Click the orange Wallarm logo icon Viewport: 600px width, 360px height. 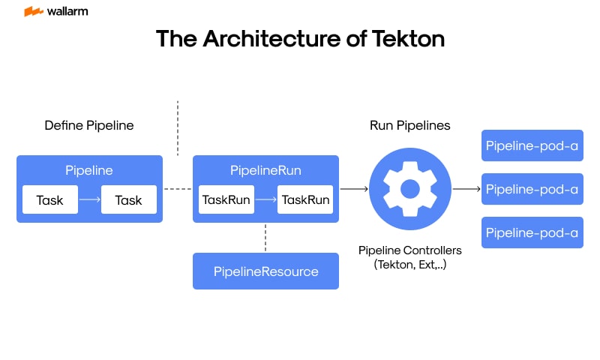click(33, 12)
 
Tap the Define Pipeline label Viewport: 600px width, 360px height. click(89, 125)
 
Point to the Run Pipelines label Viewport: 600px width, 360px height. click(410, 125)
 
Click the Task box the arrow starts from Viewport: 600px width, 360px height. click(50, 200)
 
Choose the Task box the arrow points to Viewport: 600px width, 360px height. click(129, 200)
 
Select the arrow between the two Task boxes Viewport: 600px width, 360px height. click(89, 200)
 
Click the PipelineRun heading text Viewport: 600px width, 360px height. click(265, 170)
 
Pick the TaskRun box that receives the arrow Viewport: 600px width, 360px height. click(305, 200)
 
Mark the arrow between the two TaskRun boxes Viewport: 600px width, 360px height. click(265, 200)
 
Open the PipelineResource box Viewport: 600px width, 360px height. click(265, 271)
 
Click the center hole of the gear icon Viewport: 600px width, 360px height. click(410, 189)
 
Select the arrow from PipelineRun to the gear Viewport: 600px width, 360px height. click(354, 189)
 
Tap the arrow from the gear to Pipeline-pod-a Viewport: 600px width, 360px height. click(466, 189)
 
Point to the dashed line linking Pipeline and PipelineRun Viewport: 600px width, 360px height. click(178, 189)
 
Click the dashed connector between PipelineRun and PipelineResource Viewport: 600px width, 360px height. click(265, 238)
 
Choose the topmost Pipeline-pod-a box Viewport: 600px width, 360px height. click(532, 146)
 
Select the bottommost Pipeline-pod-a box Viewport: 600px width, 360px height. click(532, 232)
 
